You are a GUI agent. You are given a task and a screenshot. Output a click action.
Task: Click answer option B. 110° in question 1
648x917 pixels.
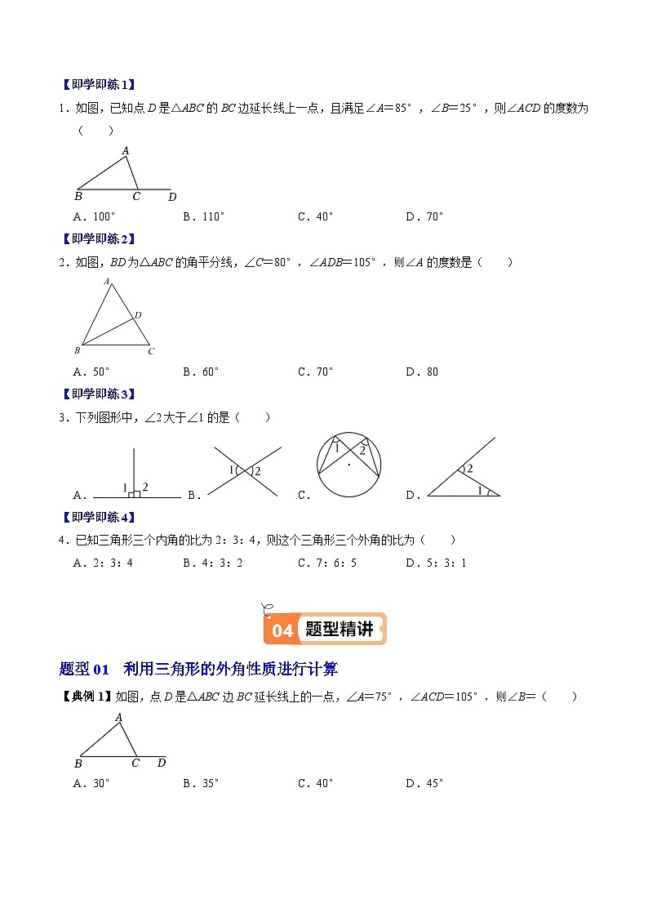pos(203,216)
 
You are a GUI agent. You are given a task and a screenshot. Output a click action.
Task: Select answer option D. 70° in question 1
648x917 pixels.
pos(424,216)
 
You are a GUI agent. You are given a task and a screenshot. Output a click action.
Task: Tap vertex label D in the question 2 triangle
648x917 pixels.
pos(138,314)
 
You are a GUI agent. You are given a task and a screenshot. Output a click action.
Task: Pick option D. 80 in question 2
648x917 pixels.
pos(422,372)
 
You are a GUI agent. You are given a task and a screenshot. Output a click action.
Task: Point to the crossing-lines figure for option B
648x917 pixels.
pos(245,470)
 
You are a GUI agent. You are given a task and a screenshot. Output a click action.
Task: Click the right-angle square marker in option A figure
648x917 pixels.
pos(136,493)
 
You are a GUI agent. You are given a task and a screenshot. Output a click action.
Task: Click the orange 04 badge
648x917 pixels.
pos(282,630)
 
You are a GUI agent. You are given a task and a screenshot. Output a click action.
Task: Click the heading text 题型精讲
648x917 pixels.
pos(339,630)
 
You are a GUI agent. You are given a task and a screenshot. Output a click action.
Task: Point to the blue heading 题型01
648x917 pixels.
pos(85,670)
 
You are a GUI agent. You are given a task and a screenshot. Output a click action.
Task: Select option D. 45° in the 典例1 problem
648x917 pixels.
pos(424,783)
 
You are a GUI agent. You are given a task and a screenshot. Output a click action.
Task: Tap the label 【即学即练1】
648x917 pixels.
pos(97,84)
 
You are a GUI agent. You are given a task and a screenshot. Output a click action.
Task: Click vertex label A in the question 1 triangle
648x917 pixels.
pos(126,150)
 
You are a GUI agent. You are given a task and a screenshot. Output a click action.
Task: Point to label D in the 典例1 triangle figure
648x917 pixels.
pos(161,763)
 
